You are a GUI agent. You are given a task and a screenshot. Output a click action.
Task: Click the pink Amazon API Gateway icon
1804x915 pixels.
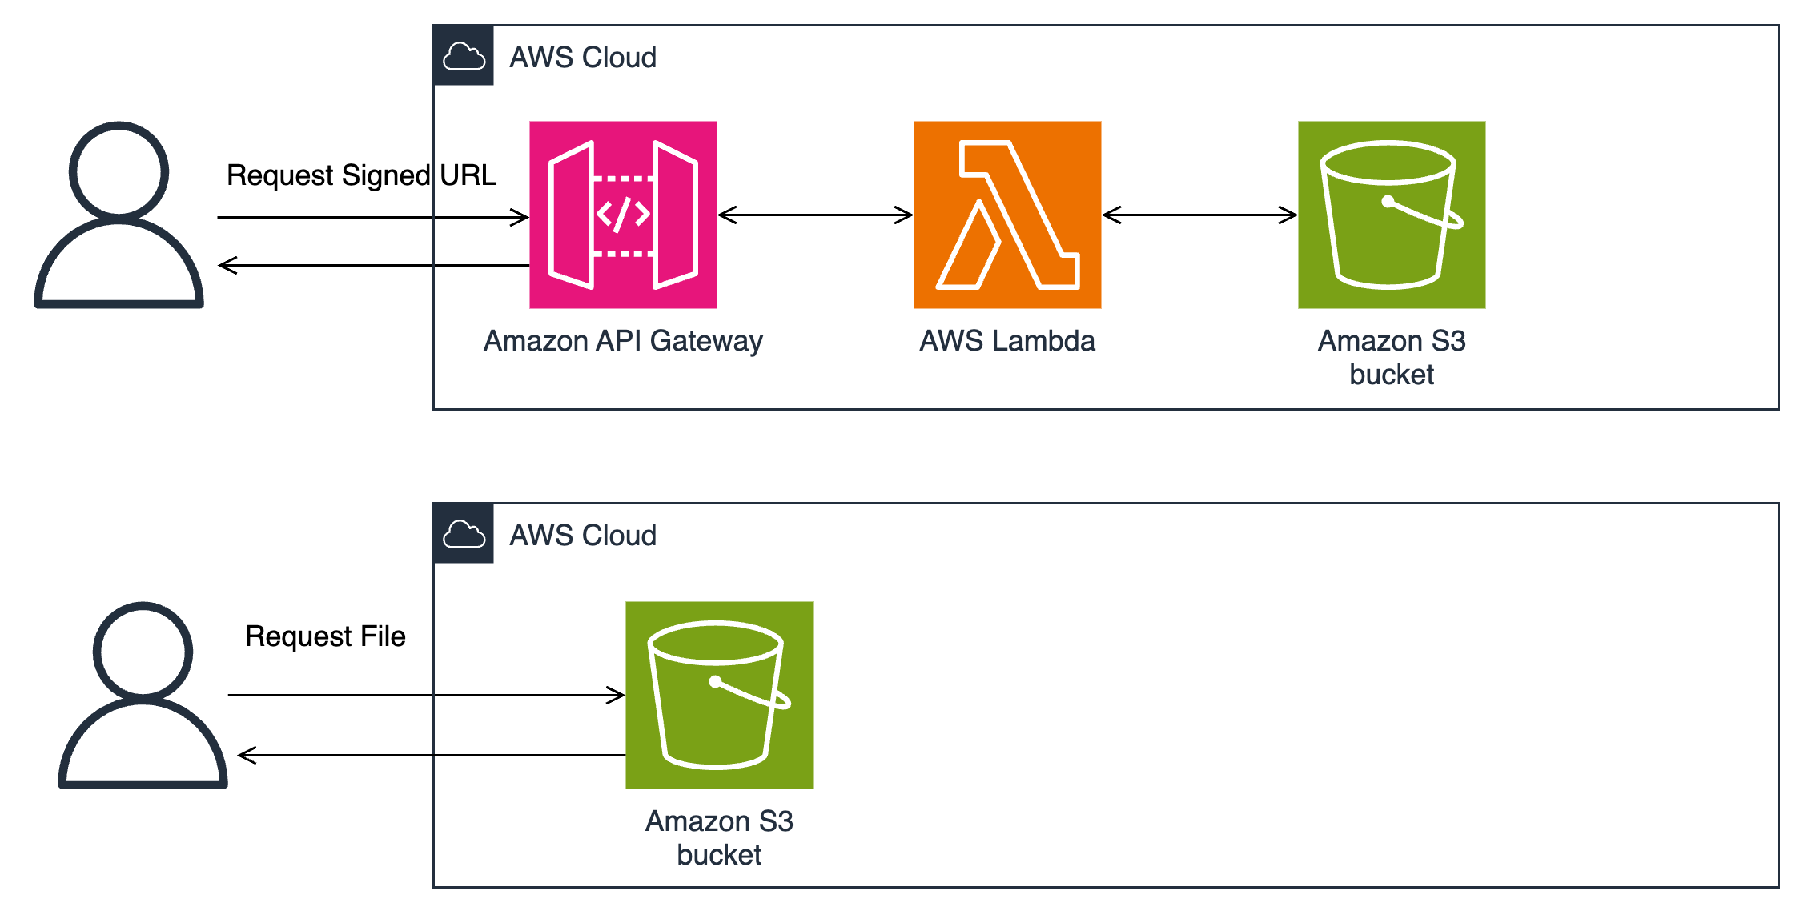point(623,215)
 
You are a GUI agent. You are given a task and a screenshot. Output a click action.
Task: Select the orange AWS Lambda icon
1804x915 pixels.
point(1007,215)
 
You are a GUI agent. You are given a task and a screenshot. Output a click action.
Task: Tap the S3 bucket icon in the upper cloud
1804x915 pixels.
point(1392,215)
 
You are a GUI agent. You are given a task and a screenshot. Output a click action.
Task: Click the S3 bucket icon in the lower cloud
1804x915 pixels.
point(719,695)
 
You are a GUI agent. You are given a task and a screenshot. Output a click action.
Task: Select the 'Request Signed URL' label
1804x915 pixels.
point(361,175)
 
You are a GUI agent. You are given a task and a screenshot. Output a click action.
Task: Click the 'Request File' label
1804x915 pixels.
point(325,636)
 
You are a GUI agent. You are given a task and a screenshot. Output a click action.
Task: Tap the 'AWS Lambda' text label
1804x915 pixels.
point(1006,341)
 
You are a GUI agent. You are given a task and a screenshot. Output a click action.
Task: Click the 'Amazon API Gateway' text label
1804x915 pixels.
point(623,341)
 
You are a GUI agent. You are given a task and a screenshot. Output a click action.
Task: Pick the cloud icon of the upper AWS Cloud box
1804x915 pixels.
point(464,56)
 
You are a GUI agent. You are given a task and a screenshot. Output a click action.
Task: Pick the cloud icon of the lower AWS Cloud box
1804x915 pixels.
point(464,534)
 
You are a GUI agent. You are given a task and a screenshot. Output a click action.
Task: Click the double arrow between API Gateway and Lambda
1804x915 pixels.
point(815,215)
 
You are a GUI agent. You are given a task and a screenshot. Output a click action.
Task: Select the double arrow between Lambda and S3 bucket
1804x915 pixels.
point(1199,215)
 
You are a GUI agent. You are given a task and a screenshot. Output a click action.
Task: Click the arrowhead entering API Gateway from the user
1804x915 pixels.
point(521,217)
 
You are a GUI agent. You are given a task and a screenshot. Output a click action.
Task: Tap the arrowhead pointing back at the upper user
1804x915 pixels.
point(227,265)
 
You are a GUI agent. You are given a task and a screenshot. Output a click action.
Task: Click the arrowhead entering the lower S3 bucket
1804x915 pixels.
point(617,695)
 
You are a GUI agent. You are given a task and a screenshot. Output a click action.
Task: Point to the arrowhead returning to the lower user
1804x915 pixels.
point(246,755)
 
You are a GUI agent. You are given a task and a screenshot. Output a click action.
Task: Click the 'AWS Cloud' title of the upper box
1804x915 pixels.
point(583,58)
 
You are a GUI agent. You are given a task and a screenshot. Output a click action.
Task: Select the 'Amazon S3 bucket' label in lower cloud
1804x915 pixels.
point(719,837)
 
